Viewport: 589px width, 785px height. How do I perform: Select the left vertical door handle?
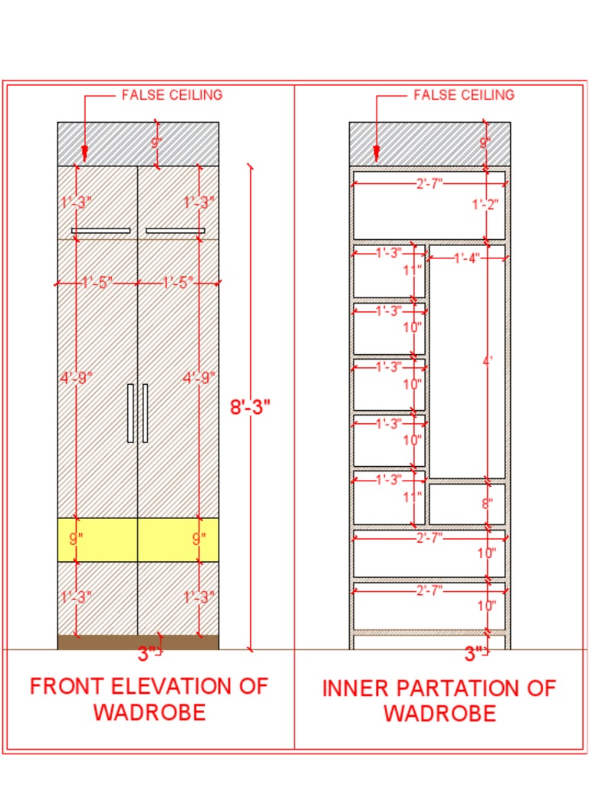130,413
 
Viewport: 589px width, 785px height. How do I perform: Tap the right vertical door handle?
145,413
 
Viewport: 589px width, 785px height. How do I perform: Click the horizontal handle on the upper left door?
100,231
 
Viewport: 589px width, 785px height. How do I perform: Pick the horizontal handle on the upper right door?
176,231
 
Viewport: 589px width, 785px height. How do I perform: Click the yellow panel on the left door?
97,540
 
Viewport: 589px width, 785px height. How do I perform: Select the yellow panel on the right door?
178,540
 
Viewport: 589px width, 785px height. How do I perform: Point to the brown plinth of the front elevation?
138,642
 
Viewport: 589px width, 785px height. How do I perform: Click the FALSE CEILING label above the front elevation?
172,95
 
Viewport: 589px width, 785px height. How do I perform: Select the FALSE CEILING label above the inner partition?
464,95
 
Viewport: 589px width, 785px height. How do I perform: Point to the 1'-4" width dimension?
466,259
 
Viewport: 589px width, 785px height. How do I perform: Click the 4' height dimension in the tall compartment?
486,360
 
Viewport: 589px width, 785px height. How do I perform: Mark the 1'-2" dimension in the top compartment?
485,205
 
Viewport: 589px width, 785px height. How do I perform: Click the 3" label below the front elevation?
147,654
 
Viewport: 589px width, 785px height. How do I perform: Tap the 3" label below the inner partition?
475,654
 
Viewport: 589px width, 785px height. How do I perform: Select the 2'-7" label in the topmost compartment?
429,184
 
